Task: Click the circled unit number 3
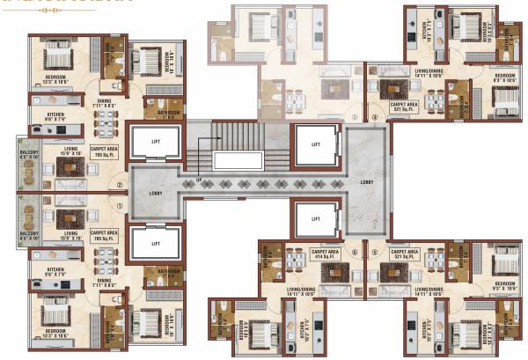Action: [x=354, y=116]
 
